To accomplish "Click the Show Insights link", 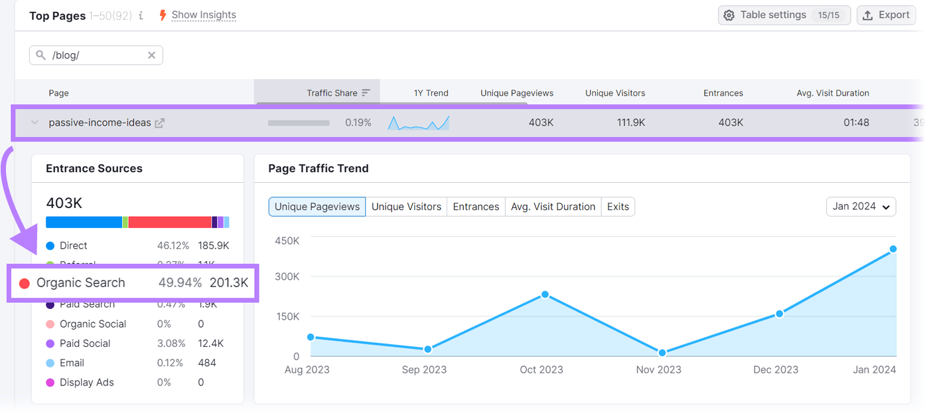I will coord(203,15).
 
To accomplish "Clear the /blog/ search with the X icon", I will coord(151,55).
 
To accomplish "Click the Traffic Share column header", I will coord(332,93).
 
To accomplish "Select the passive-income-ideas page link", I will coord(100,123).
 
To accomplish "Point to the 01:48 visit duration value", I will coord(855,123).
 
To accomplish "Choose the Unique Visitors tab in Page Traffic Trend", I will coord(406,207).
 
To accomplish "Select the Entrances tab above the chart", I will coord(476,207).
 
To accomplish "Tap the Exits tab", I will coord(618,207).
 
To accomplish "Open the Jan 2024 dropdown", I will coord(861,207).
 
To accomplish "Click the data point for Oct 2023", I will coord(545,294).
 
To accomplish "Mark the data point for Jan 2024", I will coord(893,249).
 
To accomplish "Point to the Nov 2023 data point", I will coord(662,353).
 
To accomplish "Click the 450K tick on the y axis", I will coord(287,241).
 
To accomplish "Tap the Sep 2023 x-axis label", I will coord(424,369).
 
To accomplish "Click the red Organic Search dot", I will coord(25,283).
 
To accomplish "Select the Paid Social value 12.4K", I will coord(211,344).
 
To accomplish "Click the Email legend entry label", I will coord(72,363).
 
